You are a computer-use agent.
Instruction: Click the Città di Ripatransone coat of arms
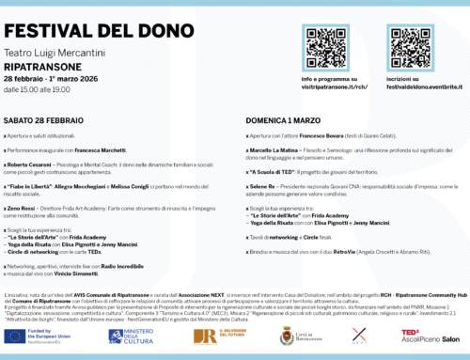coord(286,336)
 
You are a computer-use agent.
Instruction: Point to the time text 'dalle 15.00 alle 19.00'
coord(47,92)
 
